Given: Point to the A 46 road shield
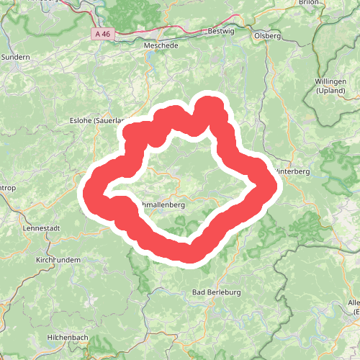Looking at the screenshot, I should point(103,34).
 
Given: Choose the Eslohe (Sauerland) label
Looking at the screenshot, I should point(97,121).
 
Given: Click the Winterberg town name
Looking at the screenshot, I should point(293,171).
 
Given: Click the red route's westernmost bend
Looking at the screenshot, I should point(91,192).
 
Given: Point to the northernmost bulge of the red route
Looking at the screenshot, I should point(210,103).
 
